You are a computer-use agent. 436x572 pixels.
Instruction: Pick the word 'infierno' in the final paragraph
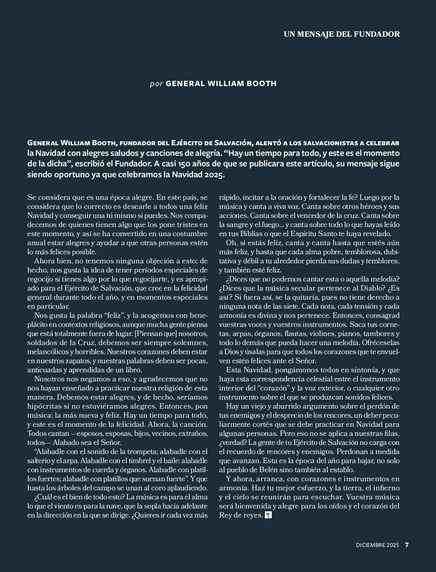click(384, 488)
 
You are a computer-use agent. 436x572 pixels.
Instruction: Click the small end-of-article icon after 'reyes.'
click(269, 515)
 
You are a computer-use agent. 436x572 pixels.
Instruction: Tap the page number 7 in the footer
click(407, 545)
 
